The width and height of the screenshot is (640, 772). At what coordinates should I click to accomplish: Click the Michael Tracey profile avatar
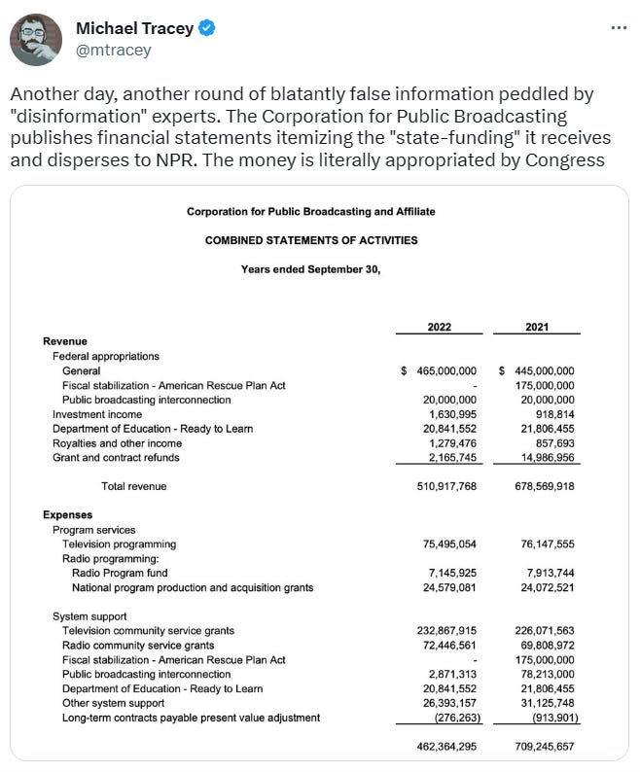(36, 40)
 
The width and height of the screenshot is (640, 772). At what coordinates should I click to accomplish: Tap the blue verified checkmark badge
(206, 28)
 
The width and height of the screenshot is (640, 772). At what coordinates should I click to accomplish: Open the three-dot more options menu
(619, 27)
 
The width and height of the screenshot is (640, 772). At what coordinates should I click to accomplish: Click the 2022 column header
(440, 327)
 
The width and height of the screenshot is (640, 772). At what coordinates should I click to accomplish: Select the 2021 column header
(537, 327)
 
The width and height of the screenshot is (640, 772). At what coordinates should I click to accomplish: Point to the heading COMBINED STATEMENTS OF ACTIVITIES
(311, 240)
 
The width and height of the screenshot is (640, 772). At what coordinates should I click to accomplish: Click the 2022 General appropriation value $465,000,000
(439, 370)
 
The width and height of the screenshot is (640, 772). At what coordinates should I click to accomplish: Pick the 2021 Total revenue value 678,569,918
(536, 486)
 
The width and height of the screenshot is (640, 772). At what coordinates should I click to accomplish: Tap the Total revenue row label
(133, 486)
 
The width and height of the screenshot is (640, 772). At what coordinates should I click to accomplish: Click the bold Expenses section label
(68, 514)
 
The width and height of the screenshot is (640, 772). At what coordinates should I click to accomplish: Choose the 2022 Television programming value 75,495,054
(446, 544)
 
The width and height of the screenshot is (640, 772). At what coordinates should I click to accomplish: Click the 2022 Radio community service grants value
(446, 646)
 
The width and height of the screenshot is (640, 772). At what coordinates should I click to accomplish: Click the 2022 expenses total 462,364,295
(446, 747)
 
